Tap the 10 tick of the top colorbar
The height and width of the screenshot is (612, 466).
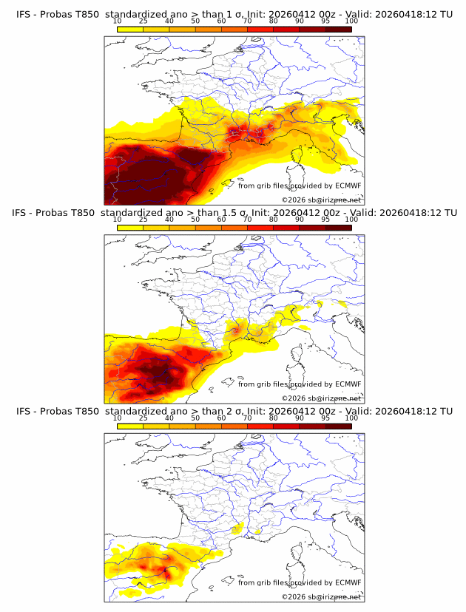pos(117,21)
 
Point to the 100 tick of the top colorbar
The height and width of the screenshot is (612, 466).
pos(351,21)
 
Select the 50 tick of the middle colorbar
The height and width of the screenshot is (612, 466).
pos(195,220)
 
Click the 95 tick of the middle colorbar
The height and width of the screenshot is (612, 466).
pos(325,220)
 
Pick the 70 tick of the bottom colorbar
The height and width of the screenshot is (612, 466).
pos(247,418)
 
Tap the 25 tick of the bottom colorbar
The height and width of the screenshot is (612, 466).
pos(143,418)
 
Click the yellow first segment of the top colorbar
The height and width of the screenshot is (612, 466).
pos(129,28)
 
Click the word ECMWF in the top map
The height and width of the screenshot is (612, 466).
pos(348,186)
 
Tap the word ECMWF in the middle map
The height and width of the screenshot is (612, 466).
pos(348,384)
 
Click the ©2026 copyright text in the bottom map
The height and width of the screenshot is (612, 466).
pos(321,596)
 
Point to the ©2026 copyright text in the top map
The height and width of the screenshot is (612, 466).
pos(321,200)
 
